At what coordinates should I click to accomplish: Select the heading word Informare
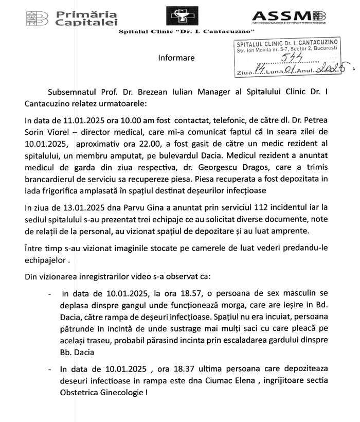(x=176, y=58)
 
